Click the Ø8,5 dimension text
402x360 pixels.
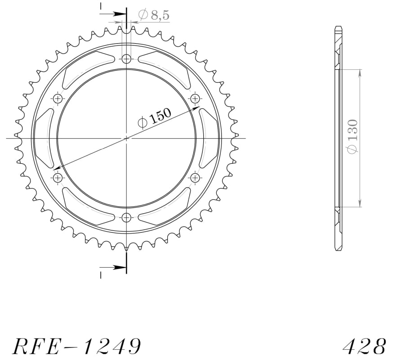click(x=154, y=15)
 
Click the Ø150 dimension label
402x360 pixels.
click(x=154, y=118)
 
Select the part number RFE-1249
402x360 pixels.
click(x=76, y=346)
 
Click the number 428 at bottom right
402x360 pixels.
click(x=364, y=346)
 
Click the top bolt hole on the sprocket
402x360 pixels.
click(x=126, y=58)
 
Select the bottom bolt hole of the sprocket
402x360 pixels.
click(x=126, y=218)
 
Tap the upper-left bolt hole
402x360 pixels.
click(x=58, y=99)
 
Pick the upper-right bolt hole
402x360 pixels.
click(x=195, y=99)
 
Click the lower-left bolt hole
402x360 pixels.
click(x=58, y=178)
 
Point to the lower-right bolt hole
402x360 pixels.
click(x=195, y=178)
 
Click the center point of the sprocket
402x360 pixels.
click(x=126, y=138)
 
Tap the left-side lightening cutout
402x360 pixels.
click(x=44, y=138)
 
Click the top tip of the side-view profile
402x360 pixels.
click(x=338, y=28)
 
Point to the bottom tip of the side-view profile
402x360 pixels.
click(x=338, y=249)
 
